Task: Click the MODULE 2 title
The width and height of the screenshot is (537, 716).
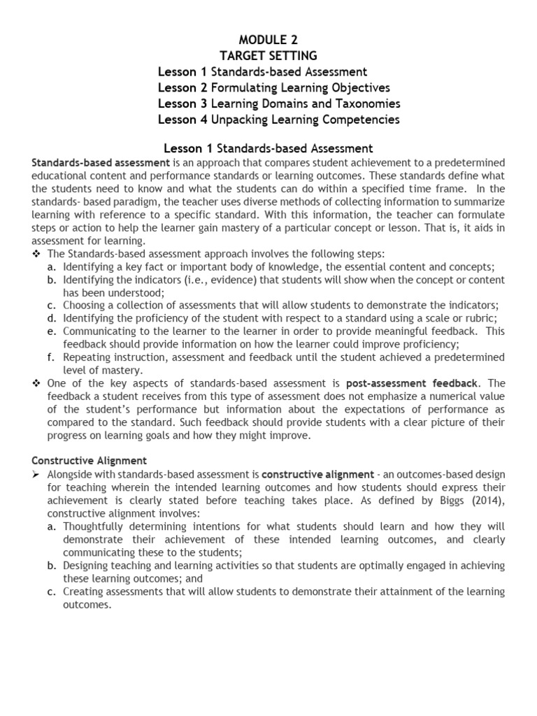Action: [268, 40]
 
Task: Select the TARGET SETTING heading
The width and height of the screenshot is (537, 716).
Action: [268, 56]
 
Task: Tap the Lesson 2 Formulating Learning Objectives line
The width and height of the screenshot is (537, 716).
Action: [273, 87]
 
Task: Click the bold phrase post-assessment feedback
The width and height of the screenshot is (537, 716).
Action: [412, 383]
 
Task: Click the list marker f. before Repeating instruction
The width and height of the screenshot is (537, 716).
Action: [52, 357]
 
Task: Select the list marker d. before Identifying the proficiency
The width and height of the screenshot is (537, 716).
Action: [52, 318]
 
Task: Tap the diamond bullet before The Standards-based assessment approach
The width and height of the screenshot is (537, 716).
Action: [36, 253]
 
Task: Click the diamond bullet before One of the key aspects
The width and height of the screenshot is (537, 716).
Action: [36, 383]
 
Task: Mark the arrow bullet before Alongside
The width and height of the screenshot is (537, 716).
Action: [37, 473]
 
